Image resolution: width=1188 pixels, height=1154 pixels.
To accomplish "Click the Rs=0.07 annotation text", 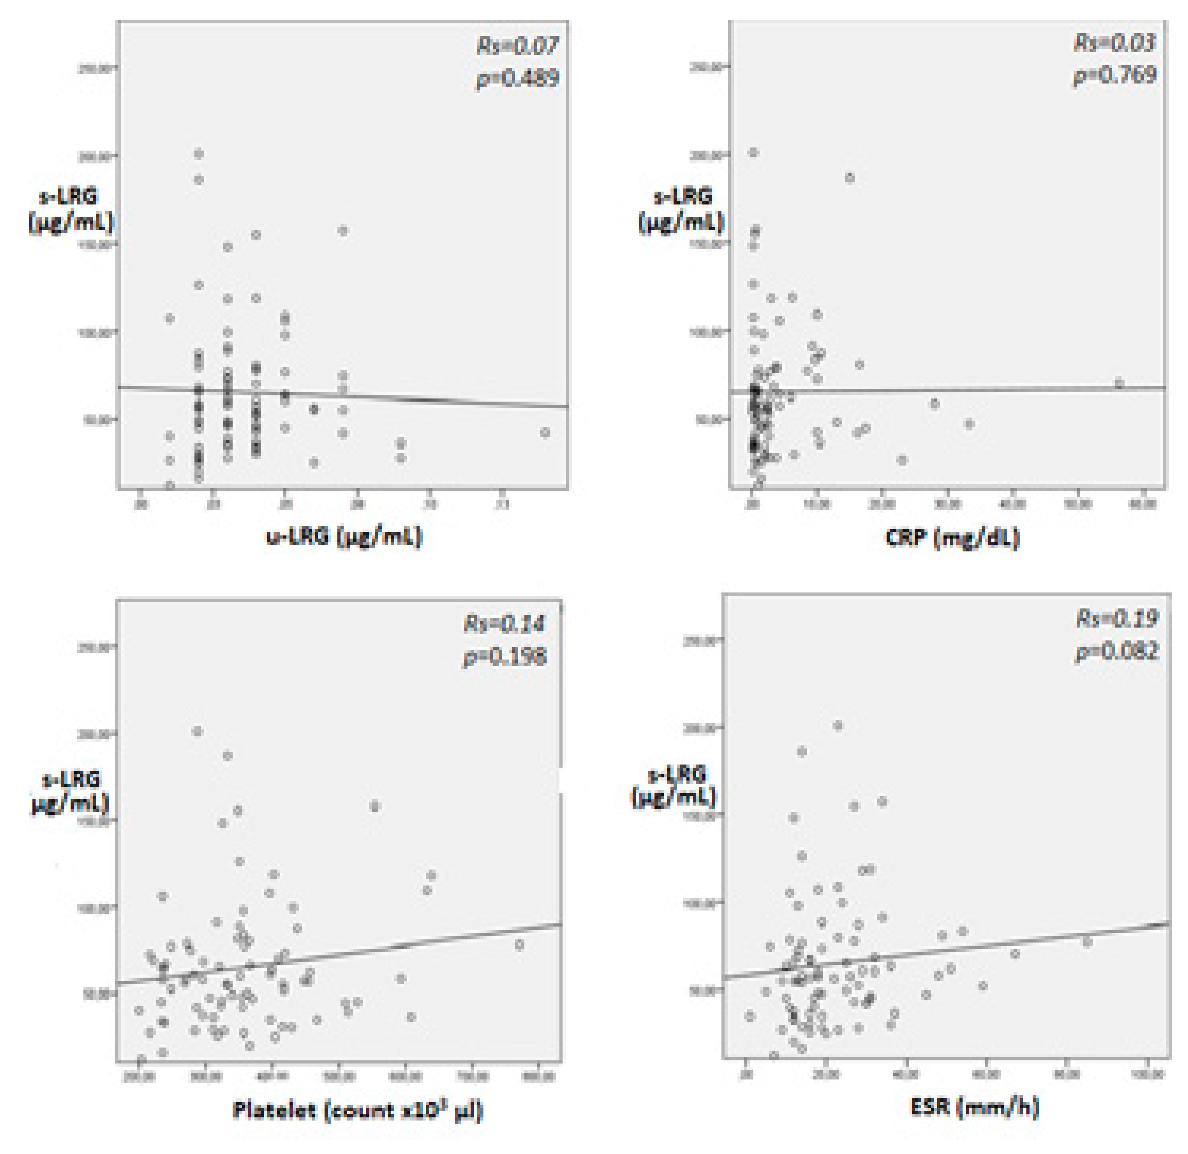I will click(517, 46).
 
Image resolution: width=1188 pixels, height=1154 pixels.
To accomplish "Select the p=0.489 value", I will click(517, 79).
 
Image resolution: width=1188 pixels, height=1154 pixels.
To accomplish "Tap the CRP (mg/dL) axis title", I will click(952, 537).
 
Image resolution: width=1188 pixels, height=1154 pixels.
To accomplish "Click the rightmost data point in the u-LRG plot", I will click(545, 432).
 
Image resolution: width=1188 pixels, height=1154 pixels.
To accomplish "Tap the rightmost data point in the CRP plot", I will click(1119, 383).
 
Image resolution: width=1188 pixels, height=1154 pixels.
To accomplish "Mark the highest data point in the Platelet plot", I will click(197, 731).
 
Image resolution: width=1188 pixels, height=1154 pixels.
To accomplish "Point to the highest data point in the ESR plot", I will click(838, 725).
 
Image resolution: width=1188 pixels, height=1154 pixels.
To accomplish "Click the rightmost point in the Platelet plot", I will click(519, 945).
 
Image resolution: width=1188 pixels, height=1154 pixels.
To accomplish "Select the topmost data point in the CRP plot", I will click(753, 152).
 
